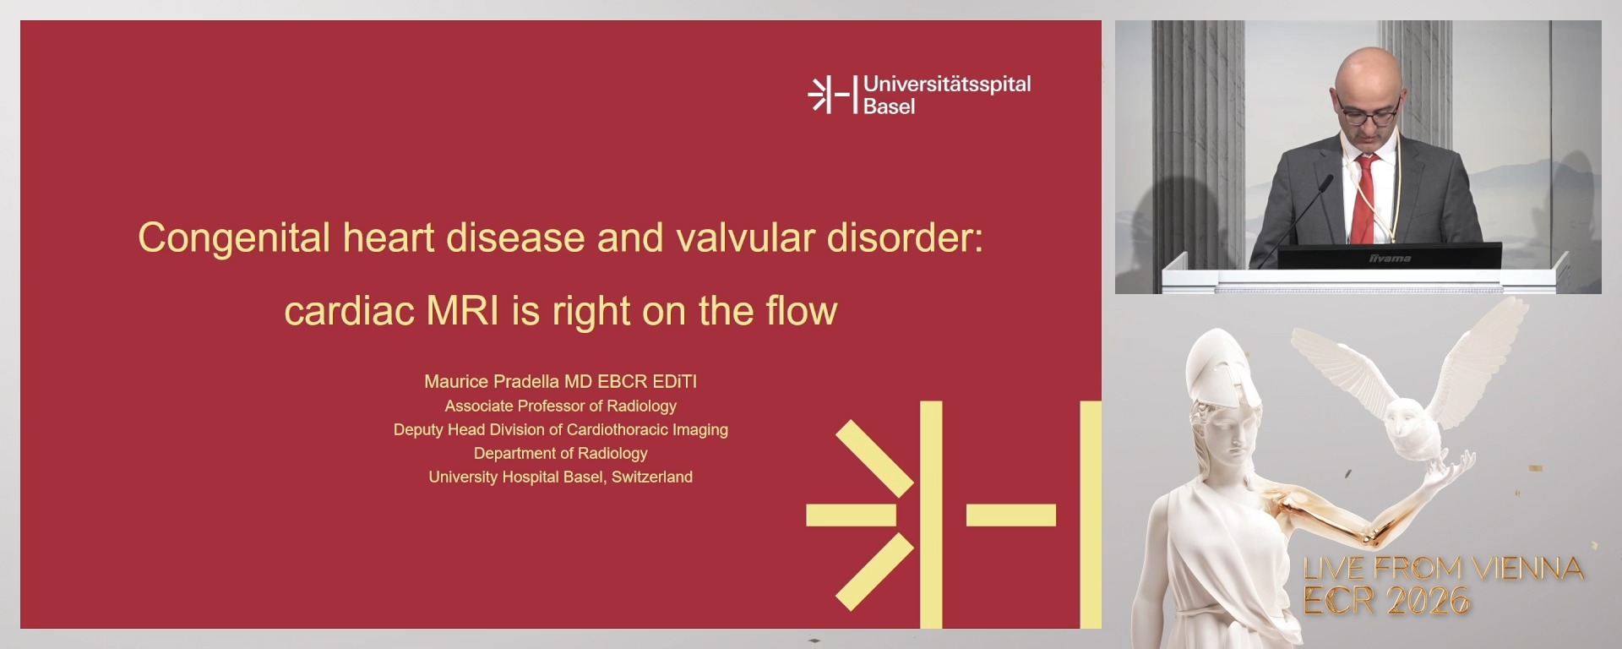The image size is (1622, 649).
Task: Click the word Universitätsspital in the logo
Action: (947, 85)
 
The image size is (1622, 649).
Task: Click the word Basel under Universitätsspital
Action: (889, 106)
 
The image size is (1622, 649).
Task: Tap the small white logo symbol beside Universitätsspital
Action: (831, 94)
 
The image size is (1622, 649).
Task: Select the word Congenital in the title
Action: (234, 237)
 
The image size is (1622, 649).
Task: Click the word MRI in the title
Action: (463, 311)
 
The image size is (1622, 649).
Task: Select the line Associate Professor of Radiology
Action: (560, 406)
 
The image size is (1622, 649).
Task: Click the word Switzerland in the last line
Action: (651, 477)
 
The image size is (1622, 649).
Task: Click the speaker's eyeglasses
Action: (1368, 113)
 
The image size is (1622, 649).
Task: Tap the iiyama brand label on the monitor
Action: (1389, 258)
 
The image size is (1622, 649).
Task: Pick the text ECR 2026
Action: (1385, 601)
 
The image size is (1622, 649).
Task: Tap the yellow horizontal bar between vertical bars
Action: (1010, 515)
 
